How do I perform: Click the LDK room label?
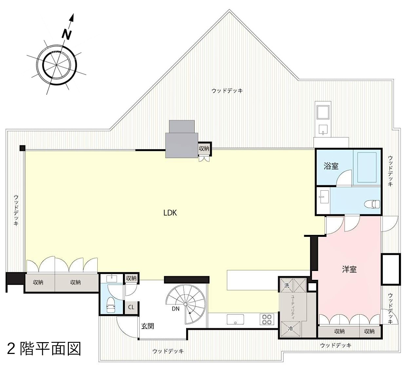170,213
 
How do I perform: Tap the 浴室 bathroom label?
331,166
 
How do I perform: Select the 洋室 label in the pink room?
349,270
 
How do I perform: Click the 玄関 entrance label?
148,326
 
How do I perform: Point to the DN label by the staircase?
175,309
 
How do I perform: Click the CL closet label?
131,307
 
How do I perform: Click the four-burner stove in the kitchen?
267,319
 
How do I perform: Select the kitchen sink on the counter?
235,320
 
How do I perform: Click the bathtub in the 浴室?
366,167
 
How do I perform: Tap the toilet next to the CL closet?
111,305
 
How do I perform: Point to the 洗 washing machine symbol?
287,285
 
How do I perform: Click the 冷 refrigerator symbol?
290,329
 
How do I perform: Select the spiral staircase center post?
185,304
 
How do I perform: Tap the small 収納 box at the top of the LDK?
204,149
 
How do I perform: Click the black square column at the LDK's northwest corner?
23,148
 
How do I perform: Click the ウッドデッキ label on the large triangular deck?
227,91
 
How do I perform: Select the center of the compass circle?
57,65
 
